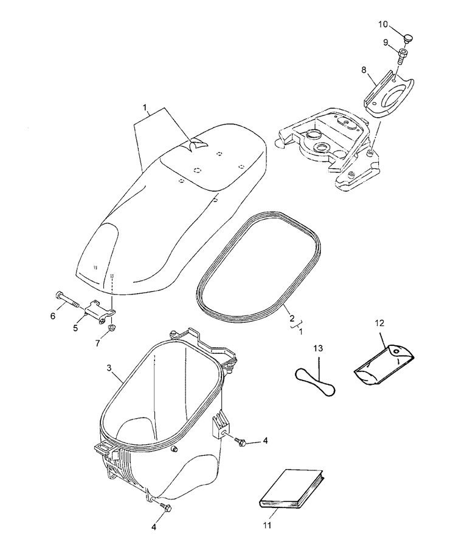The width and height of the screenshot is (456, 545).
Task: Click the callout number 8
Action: [365, 70]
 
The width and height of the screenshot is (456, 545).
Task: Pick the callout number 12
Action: [380, 323]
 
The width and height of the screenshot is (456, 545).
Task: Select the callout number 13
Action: [318, 349]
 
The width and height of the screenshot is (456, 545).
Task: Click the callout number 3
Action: [108, 368]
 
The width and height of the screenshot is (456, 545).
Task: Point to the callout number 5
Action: [75, 328]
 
